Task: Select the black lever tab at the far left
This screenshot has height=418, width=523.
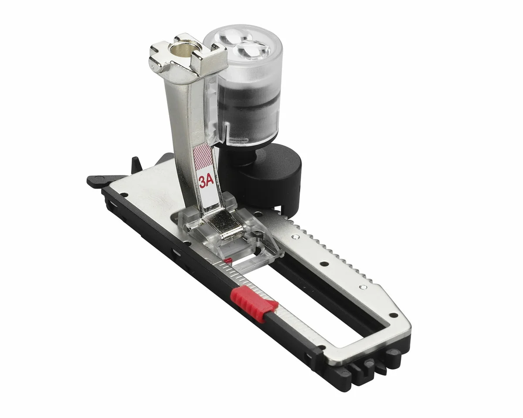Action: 98,180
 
